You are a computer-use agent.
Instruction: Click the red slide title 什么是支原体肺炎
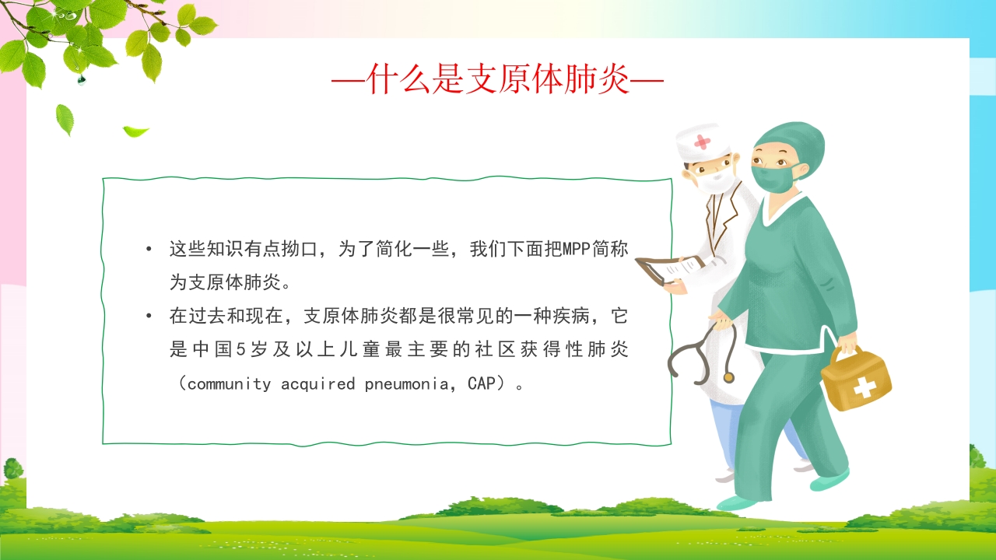pyautogui.click(x=497, y=79)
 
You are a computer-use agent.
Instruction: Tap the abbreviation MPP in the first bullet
pyautogui.click(x=576, y=250)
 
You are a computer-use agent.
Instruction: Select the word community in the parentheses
pyautogui.click(x=230, y=383)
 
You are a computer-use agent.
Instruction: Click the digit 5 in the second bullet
pyautogui.click(x=240, y=350)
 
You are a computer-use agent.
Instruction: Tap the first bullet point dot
pyautogui.click(x=149, y=250)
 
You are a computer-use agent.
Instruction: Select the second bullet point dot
pyautogui.click(x=149, y=317)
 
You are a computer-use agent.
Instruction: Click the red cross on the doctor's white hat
pyautogui.click(x=703, y=142)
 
